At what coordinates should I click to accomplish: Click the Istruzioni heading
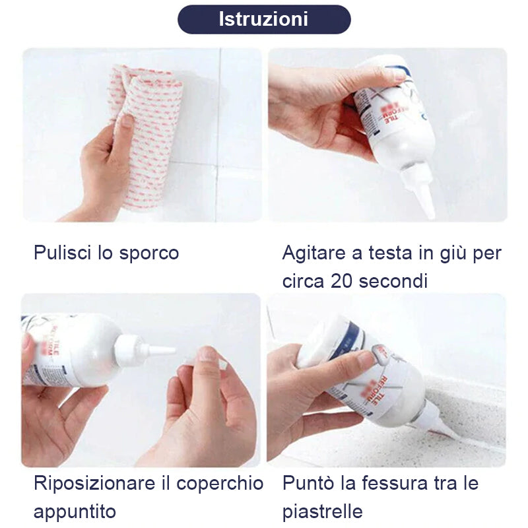point(263,19)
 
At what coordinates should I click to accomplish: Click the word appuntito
point(74,511)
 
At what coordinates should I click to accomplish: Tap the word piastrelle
point(322,511)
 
